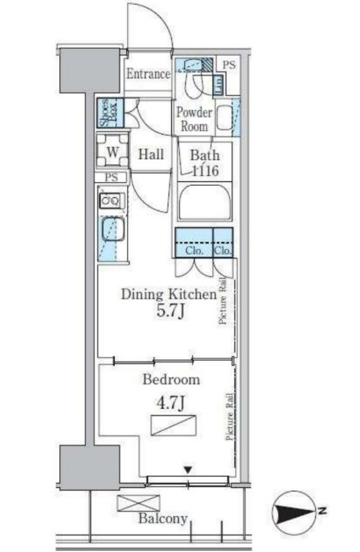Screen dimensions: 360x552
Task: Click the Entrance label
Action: coord(148,75)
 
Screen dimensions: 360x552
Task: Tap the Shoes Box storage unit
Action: coord(110,113)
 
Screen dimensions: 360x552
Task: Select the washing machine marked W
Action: coord(112,152)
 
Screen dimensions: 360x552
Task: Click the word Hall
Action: coord(151,155)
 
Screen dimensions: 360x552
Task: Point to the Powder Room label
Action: coord(194,119)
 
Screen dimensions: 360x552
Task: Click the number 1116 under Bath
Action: coord(205,171)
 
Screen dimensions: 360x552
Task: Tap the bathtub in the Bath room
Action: coord(205,203)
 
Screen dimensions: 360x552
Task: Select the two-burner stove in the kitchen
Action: coord(111,201)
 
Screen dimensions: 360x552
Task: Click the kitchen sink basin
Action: coord(113,229)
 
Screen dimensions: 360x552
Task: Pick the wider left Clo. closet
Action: coord(194,243)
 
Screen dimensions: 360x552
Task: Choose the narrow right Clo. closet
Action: coord(223,243)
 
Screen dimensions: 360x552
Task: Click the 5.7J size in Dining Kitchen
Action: coord(170,311)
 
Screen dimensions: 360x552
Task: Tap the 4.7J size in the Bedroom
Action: coord(170,403)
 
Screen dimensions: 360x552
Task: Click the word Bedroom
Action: coord(171,379)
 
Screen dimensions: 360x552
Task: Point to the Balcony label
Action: coord(163,518)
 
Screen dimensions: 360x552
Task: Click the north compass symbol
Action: coord(295,512)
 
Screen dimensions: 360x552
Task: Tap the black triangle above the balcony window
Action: coord(189,470)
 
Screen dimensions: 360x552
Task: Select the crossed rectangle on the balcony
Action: coord(138,503)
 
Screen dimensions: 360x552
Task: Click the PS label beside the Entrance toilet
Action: coord(229,65)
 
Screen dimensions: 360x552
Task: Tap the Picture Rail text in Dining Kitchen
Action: coord(222,301)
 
